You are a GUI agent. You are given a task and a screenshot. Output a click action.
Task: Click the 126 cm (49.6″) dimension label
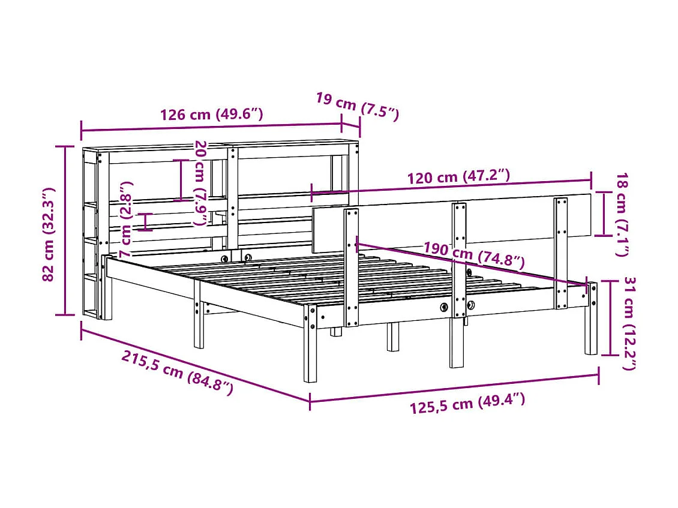pyautogui.click(x=211, y=114)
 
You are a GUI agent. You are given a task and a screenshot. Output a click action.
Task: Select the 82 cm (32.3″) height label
pyautogui.click(x=50, y=234)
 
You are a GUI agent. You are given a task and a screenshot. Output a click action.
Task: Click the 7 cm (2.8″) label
pyautogui.click(x=127, y=220)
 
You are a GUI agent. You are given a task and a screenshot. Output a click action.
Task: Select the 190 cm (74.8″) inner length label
pyautogui.click(x=474, y=255)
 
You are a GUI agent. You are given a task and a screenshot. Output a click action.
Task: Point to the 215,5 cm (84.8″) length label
pyautogui.click(x=177, y=372)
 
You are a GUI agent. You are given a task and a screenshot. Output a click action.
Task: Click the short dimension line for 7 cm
pyautogui.click(x=145, y=221)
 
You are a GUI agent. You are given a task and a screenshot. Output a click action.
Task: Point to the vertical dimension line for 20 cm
pyautogui.click(x=181, y=180)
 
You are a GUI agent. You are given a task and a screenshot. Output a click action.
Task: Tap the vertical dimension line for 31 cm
pyautogui.click(x=610, y=318)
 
